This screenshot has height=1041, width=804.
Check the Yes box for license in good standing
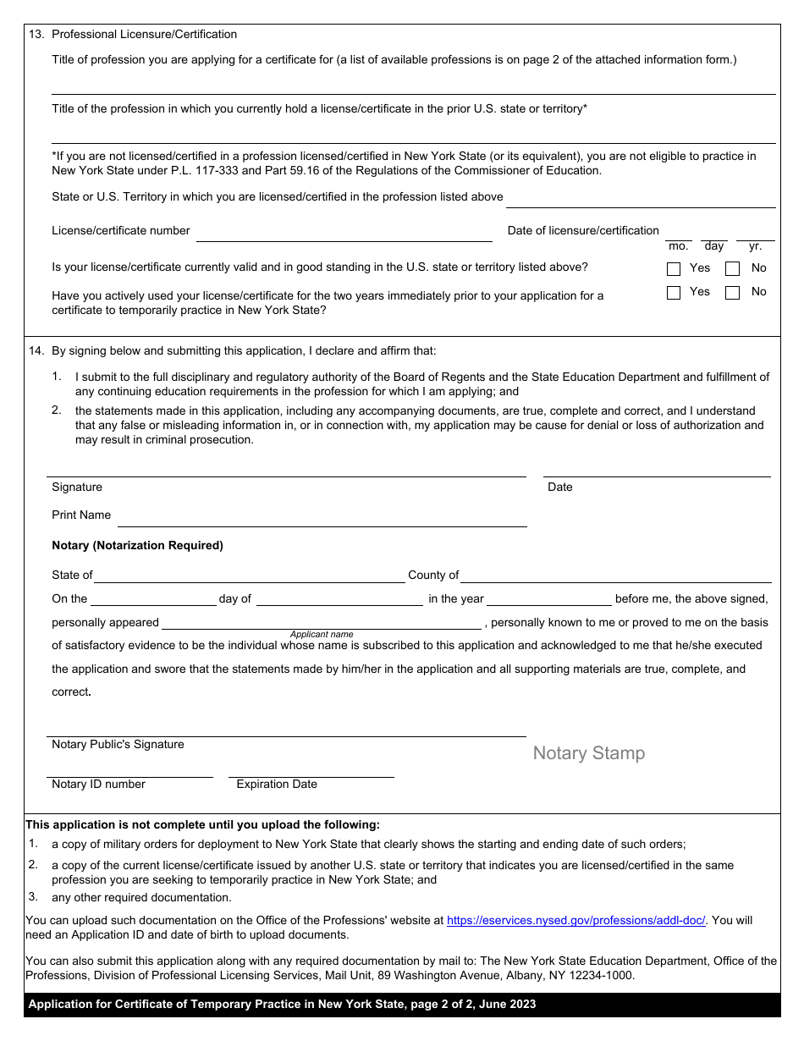(x=674, y=269)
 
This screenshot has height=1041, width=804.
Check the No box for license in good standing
(x=733, y=269)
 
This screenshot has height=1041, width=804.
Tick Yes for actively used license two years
(x=674, y=293)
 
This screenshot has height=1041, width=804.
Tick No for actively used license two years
(x=733, y=293)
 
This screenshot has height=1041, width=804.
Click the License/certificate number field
(x=344, y=233)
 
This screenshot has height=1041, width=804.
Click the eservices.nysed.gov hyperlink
(x=575, y=920)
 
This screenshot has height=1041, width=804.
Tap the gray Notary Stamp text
(x=588, y=753)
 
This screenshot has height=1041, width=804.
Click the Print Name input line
(x=322, y=517)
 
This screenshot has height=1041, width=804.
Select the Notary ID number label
(x=98, y=784)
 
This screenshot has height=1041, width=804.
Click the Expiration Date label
(x=277, y=784)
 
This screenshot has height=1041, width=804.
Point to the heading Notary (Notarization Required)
(x=137, y=545)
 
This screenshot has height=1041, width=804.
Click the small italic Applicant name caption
(x=322, y=634)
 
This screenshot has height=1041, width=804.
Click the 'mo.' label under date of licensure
(x=678, y=246)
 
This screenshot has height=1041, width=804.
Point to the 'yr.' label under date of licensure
(x=755, y=246)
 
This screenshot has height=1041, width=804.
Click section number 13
(x=36, y=34)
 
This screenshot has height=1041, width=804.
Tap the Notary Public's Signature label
(x=118, y=744)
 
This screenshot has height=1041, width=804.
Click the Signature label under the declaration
(x=77, y=487)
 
